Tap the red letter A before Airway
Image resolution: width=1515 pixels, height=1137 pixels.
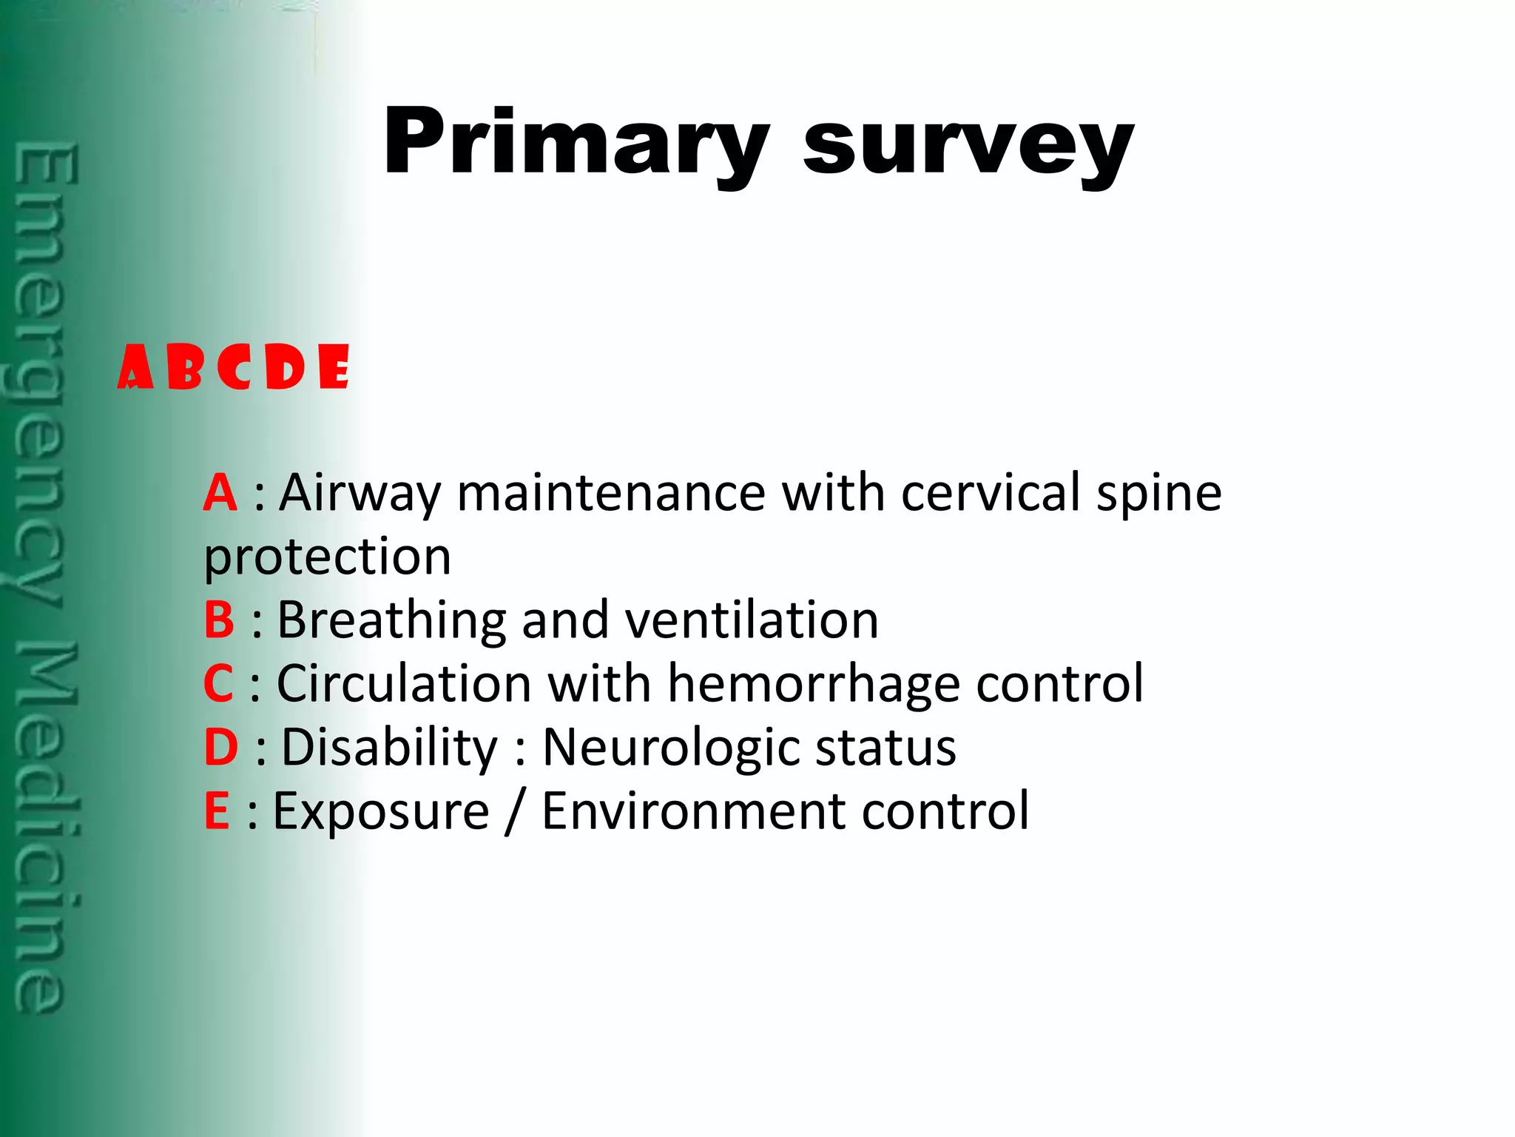pos(220,493)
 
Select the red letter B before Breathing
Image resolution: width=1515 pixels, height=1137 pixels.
pos(219,620)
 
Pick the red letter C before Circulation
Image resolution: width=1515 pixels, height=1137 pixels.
pos(218,684)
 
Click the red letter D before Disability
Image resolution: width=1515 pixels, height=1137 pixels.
pos(220,748)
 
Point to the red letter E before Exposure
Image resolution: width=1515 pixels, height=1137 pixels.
pos(216,811)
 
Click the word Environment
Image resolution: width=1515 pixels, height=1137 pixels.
pos(693,811)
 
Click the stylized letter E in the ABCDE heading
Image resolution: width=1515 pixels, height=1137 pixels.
pos(334,367)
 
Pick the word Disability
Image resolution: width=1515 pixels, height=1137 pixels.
pos(390,748)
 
